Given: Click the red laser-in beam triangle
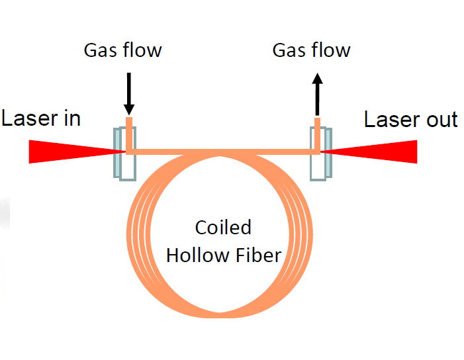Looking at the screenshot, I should click(x=60, y=152).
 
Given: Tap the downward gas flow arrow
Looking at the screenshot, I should click(x=128, y=93).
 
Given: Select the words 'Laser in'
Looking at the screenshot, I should click(x=41, y=119).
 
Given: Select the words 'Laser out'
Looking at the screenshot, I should click(x=411, y=120).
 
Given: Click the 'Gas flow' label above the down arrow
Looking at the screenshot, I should click(x=122, y=50).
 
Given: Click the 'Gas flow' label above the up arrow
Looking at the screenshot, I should click(x=312, y=50).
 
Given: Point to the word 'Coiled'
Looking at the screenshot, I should click(x=223, y=228).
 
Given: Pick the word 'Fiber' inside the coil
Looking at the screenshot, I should click(x=259, y=255).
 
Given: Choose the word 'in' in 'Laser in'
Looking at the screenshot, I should click(x=71, y=119).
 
